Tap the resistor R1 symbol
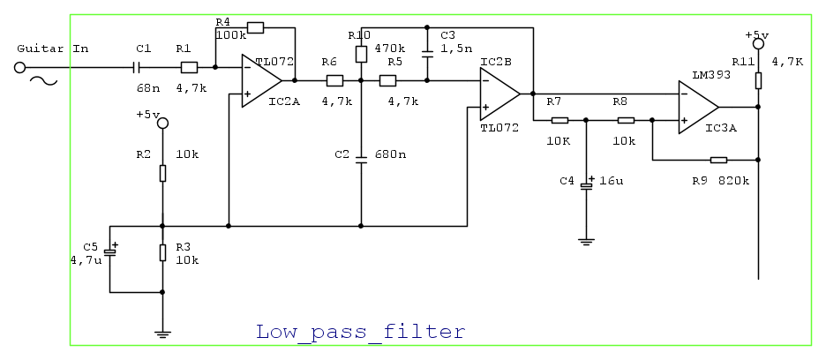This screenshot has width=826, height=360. (187, 67)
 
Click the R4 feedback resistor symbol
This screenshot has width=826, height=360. (254, 28)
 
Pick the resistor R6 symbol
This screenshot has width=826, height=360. (334, 80)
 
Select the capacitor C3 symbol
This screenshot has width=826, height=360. (427, 54)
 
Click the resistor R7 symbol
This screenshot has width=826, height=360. (559, 120)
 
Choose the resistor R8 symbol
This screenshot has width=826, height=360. (626, 120)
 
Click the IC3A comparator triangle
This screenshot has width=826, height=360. (698, 107)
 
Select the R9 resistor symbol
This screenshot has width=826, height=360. (718, 160)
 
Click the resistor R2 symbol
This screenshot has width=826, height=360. (162, 173)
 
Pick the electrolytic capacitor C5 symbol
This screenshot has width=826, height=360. (109, 253)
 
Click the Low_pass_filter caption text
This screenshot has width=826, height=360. (360, 332)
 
